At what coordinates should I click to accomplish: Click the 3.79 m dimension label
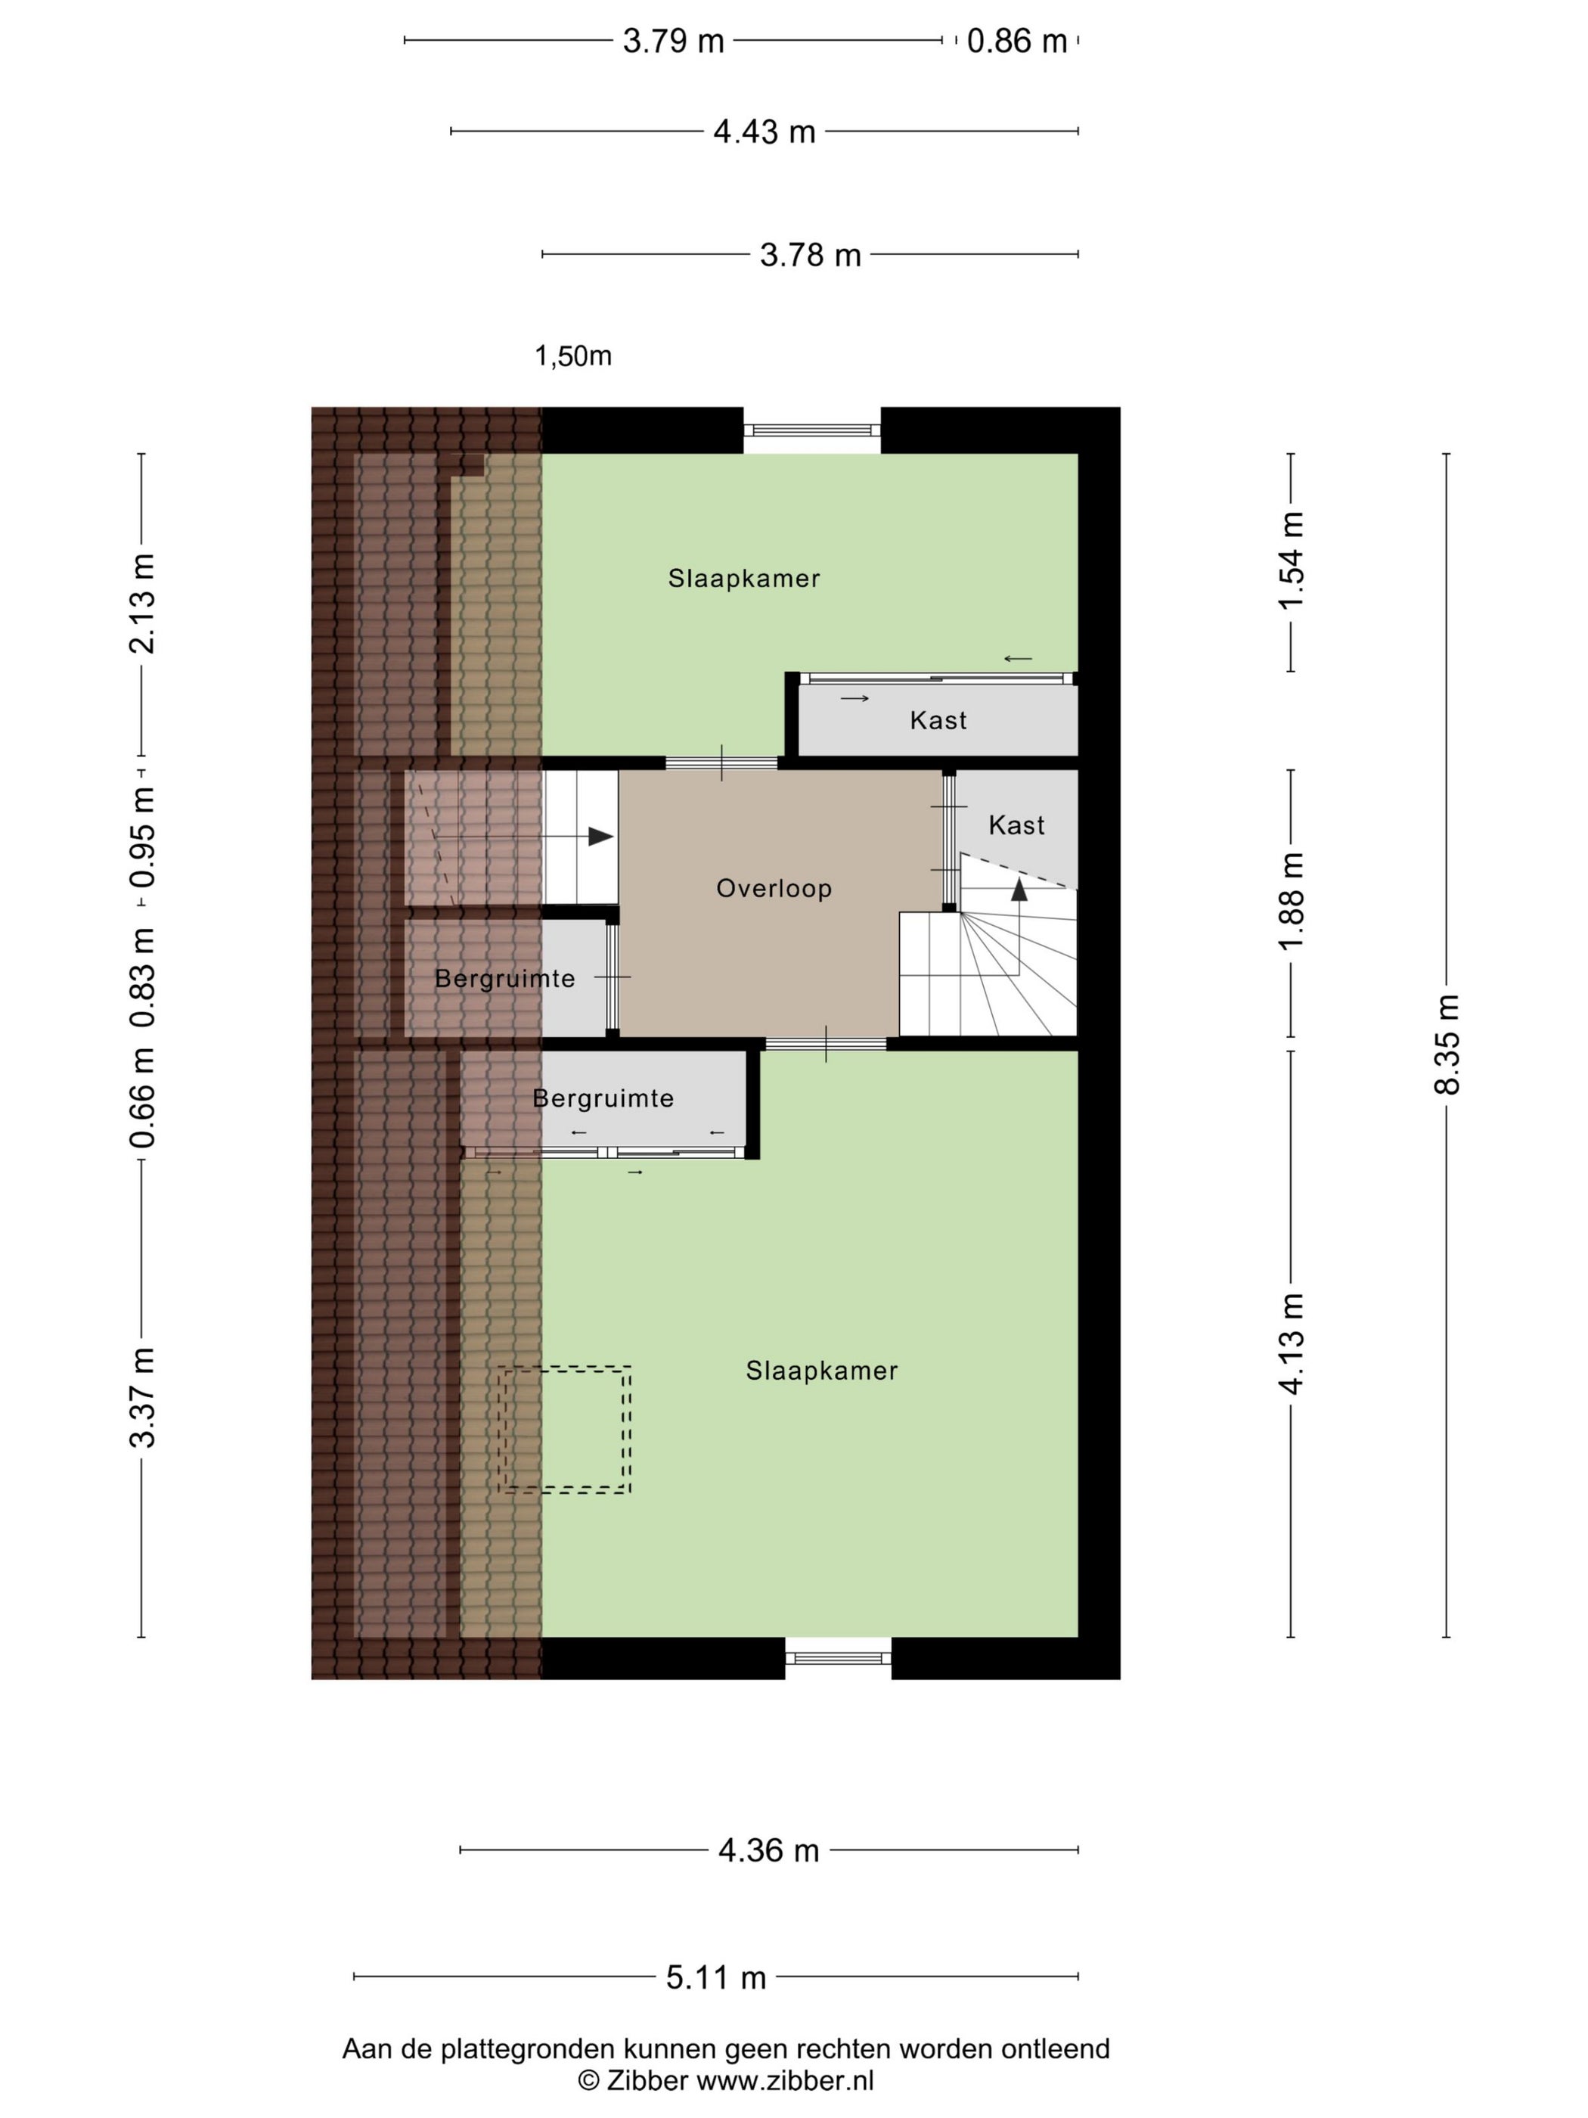pyautogui.click(x=673, y=41)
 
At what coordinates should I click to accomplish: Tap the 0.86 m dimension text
pyautogui.click(x=1016, y=41)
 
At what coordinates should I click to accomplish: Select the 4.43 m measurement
pyautogui.click(x=764, y=131)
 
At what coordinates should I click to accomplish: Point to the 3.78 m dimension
pyautogui.click(x=810, y=255)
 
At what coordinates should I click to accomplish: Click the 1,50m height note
pyautogui.click(x=572, y=356)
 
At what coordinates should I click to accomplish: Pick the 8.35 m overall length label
pyautogui.click(x=1447, y=1044)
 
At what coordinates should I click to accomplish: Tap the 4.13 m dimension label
pyautogui.click(x=1292, y=1343)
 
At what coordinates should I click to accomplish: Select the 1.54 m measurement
pyautogui.click(x=1292, y=561)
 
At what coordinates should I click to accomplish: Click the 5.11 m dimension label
pyautogui.click(x=716, y=1977)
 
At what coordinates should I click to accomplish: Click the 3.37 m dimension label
pyautogui.click(x=141, y=1397)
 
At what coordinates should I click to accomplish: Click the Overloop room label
pyautogui.click(x=774, y=889)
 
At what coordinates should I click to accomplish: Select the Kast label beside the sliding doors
pyautogui.click(x=938, y=720)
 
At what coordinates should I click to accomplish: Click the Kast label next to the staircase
pyautogui.click(x=1016, y=825)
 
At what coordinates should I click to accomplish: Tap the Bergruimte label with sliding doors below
pyautogui.click(x=603, y=1098)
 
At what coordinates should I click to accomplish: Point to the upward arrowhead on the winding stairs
pyautogui.click(x=1019, y=890)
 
